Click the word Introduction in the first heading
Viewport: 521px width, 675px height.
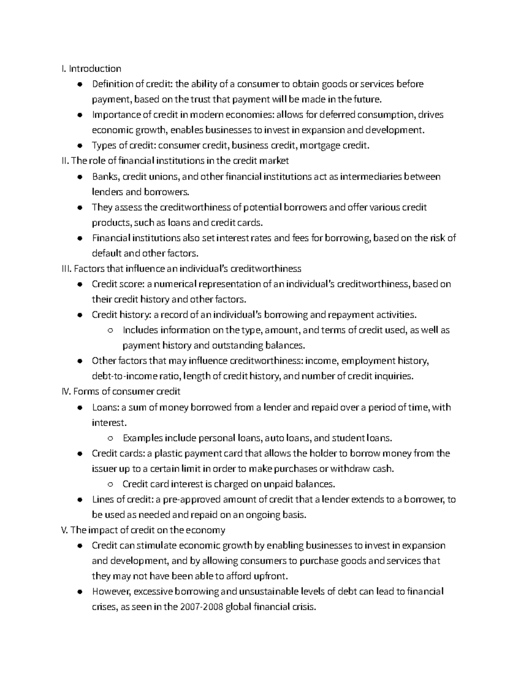tap(95, 69)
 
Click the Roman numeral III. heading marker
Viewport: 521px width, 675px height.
tap(67, 269)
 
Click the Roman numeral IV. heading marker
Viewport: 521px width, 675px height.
tap(66, 392)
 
